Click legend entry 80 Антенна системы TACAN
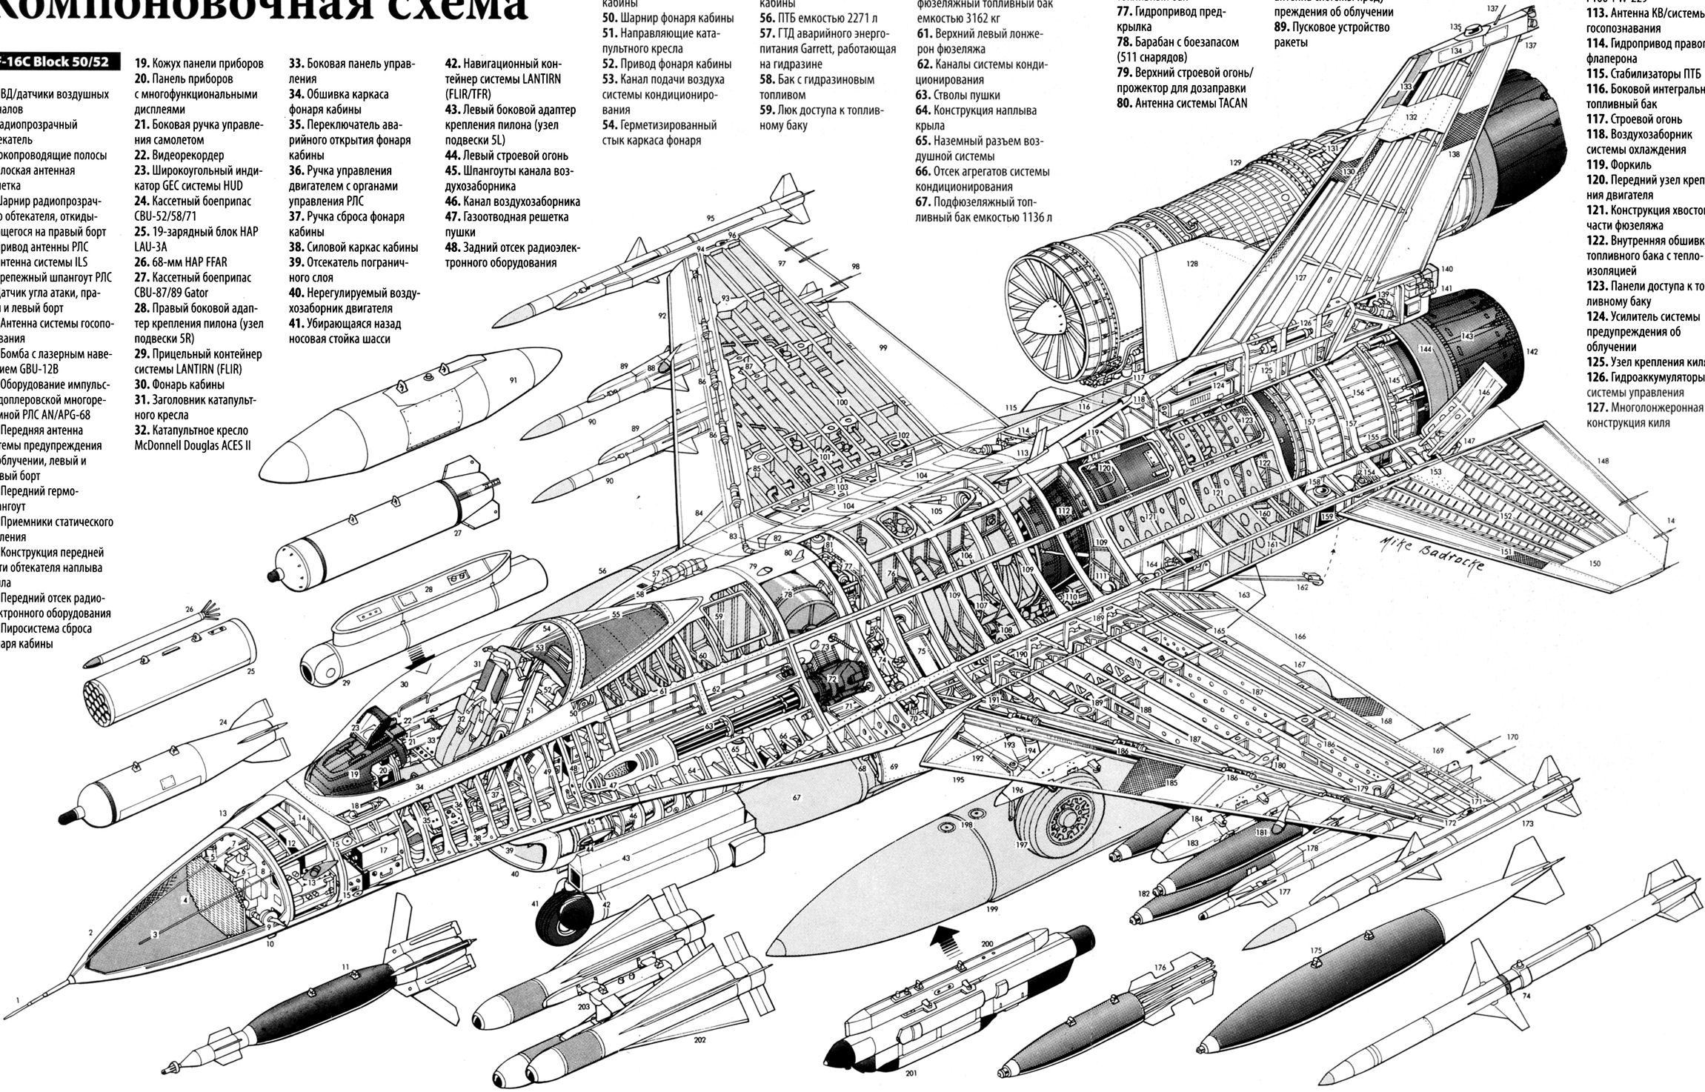(1182, 103)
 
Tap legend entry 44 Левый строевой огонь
(506, 156)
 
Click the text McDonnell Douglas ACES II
(192, 446)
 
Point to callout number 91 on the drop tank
(513, 381)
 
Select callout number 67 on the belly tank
(797, 798)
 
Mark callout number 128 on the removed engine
(1191, 263)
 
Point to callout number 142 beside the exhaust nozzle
(1532, 352)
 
